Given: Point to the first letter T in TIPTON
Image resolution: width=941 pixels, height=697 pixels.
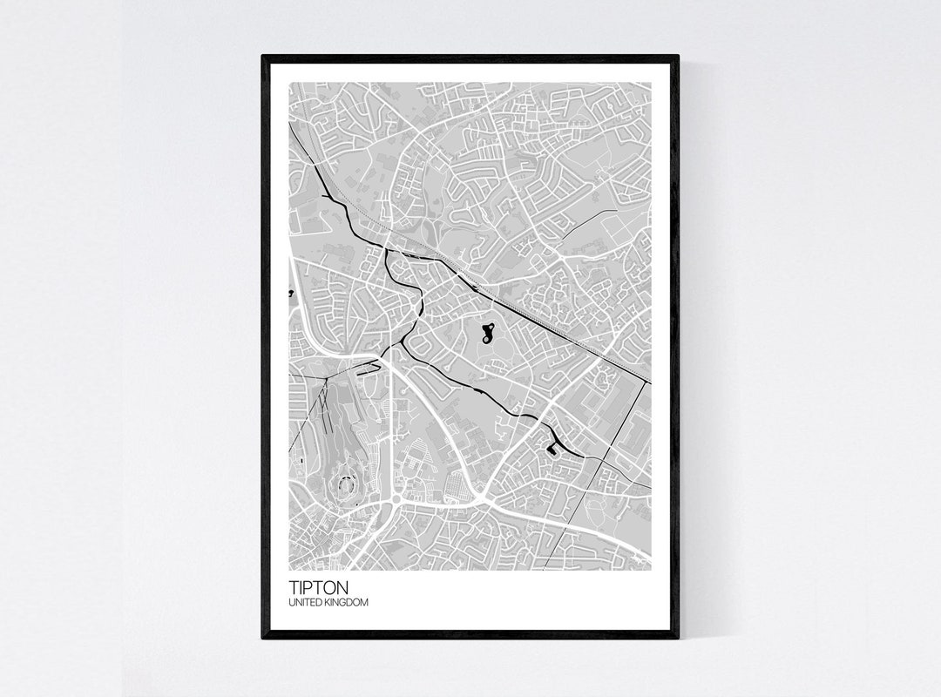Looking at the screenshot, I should (x=293, y=588).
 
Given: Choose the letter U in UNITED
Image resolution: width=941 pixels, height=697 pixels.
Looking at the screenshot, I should (x=292, y=602).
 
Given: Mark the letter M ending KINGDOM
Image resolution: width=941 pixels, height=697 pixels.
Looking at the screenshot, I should (x=364, y=602).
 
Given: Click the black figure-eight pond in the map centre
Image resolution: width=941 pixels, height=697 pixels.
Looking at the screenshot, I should (x=488, y=332).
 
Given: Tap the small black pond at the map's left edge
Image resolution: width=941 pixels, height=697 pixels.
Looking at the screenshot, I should (x=290, y=294).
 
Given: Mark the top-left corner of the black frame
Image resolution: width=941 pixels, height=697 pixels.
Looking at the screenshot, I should (x=263, y=56).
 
